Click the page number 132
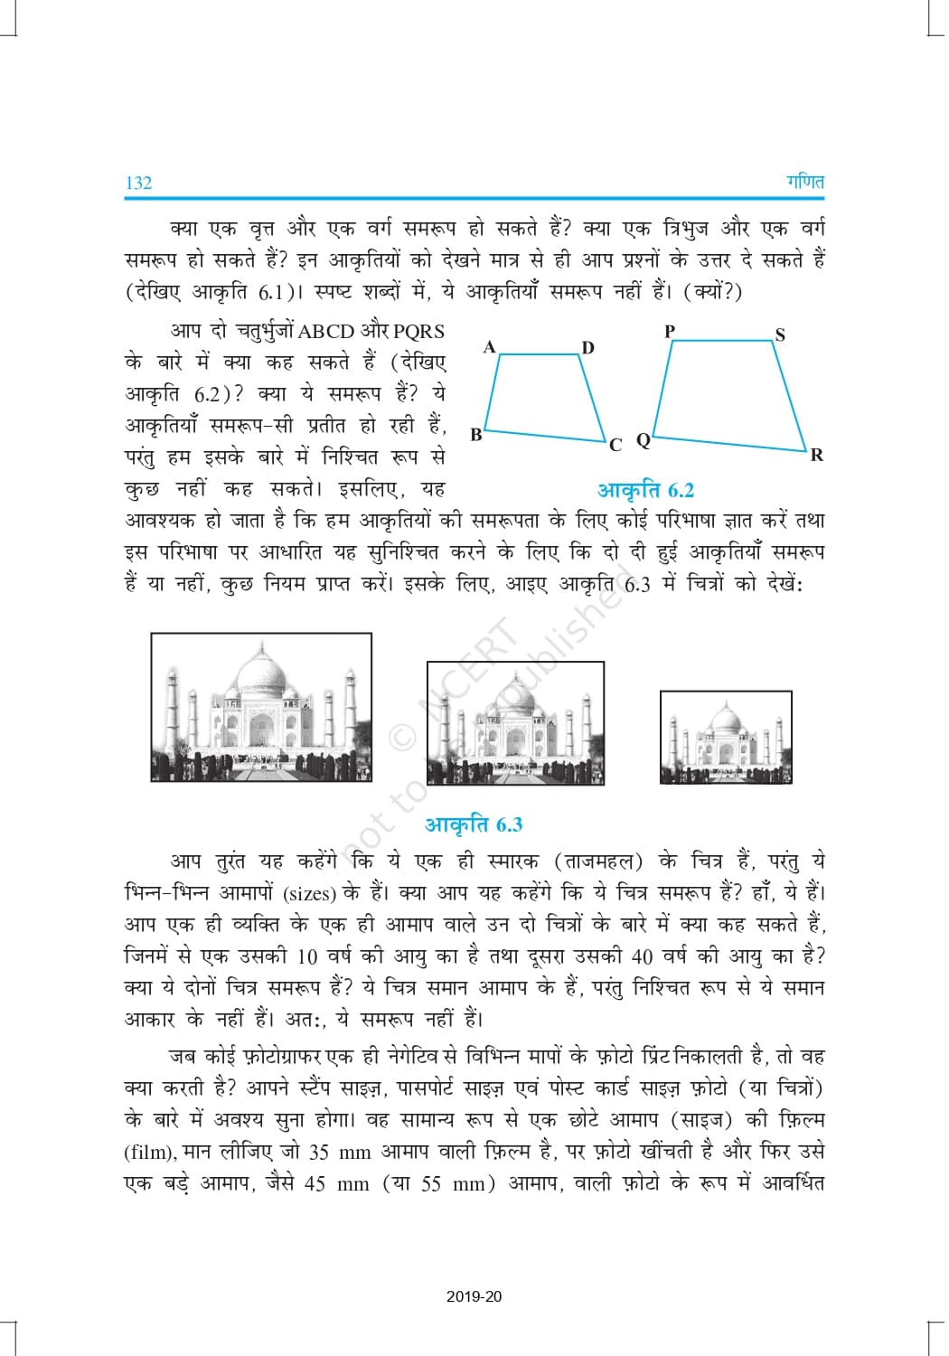tap(138, 183)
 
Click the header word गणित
tap(804, 182)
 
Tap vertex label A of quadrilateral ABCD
tap(489, 346)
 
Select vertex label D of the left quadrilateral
tap(587, 347)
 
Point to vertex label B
tap(476, 434)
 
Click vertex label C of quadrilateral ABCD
tap(615, 444)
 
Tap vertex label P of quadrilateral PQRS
tap(670, 331)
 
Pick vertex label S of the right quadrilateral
tap(780, 334)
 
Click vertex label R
tap(817, 455)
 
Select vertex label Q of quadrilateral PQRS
tap(644, 440)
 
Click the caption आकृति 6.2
tap(645, 490)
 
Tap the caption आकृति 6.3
tap(474, 824)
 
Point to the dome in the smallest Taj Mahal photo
tap(727, 720)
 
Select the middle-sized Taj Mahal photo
tap(515, 722)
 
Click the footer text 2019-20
tap(474, 1296)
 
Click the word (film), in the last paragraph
tap(149, 1153)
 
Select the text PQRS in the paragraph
tap(419, 332)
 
